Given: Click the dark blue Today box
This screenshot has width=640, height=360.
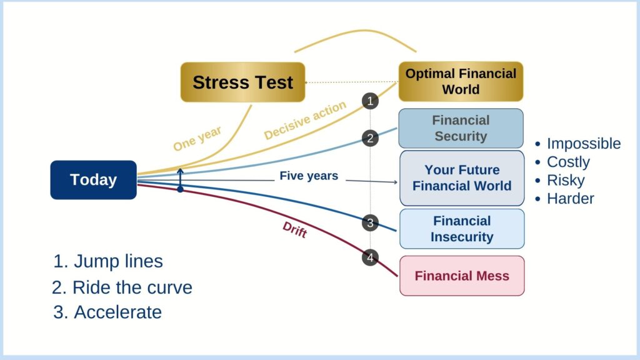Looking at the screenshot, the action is (94, 180).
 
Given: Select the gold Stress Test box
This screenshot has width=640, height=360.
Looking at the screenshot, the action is (243, 82).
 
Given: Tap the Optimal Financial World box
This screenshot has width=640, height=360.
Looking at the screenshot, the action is (461, 82).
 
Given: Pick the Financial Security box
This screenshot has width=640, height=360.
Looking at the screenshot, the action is (461, 128).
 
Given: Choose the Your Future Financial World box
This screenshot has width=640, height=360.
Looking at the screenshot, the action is (462, 178).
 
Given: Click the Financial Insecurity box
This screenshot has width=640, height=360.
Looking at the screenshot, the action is (462, 229).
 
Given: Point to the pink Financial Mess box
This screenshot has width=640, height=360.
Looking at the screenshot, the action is (462, 276).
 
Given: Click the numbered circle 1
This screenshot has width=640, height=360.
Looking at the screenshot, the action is (370, 101).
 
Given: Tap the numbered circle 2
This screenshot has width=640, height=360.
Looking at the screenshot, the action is (370, 138).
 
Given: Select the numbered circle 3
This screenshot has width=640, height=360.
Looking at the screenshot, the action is (370, 223).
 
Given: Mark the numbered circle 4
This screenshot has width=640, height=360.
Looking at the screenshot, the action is (370, 257).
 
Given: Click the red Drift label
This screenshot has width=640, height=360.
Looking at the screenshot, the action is (295, 230).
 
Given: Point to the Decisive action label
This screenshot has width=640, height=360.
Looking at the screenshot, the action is (305, 120).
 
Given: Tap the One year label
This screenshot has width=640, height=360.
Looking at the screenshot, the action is (197, 138).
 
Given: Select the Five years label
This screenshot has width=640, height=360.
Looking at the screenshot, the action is (309, 176).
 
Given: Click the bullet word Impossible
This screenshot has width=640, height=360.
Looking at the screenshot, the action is (584, 144).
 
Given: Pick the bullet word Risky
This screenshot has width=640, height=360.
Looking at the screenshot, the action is (566, 181).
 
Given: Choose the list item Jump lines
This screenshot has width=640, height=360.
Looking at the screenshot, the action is (108, 261).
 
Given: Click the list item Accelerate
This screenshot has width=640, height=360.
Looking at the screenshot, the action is (107, 312).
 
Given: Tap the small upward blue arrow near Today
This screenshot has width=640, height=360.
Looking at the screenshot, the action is (180, 179).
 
